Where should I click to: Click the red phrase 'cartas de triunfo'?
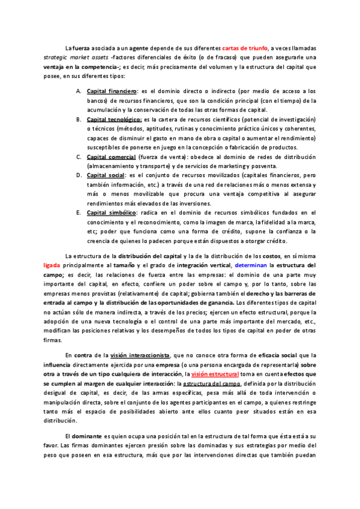point(245,48)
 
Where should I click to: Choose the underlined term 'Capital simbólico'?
point(112,213)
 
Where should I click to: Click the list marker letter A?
point(79,91)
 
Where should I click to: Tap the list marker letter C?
point(79,157)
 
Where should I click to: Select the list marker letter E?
point(79,213)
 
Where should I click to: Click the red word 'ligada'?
point(52,265)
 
